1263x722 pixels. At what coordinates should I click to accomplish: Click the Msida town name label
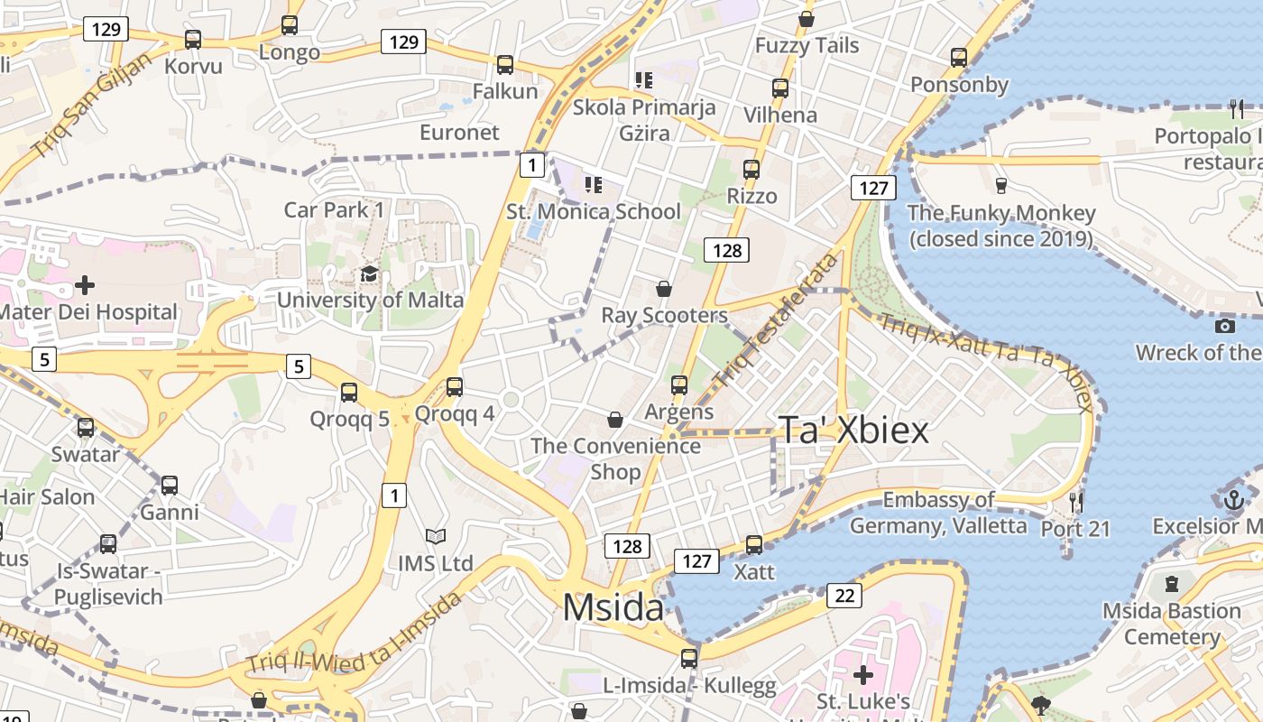613,607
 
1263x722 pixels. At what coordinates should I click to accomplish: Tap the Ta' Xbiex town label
853,430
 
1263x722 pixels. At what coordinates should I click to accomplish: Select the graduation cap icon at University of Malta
369,273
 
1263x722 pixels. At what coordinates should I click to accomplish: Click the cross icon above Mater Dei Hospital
85,285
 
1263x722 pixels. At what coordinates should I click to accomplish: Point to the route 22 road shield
844,595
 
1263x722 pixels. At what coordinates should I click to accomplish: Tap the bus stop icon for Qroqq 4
455,387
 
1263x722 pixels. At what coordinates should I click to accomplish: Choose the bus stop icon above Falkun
505,65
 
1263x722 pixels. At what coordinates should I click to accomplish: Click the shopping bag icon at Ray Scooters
664,289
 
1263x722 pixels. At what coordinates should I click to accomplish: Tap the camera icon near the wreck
1224,326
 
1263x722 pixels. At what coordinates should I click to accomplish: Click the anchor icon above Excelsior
1233,499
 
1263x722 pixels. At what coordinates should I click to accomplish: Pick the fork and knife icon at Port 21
1074,502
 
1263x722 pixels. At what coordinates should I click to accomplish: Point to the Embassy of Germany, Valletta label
938,513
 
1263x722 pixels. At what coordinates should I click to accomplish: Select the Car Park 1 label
334,210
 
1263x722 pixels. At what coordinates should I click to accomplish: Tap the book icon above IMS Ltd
436,537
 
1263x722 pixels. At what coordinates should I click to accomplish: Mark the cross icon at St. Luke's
862,674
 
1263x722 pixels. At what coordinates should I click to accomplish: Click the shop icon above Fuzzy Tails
807,19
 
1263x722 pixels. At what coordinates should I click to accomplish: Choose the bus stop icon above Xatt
754,545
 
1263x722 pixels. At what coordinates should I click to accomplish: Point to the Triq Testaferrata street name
775,320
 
